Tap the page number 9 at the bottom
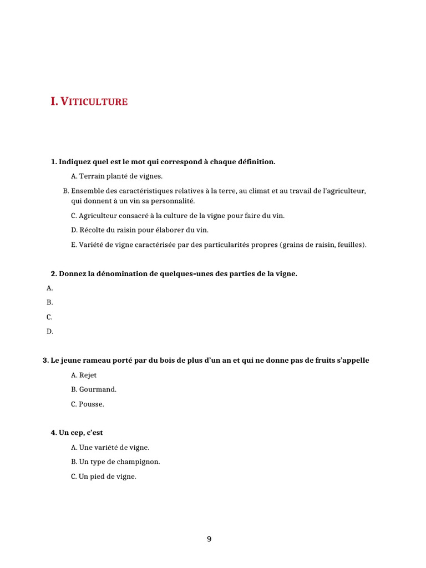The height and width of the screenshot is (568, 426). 209,539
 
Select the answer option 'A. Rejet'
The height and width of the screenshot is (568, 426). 84,376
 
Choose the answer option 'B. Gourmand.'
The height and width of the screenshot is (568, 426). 94,389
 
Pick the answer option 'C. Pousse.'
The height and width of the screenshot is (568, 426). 88,404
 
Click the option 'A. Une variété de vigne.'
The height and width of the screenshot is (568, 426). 110,447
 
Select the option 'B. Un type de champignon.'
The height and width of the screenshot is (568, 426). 115,461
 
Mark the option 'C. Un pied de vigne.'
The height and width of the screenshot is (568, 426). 103,476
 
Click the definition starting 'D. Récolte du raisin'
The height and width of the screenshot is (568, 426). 140,230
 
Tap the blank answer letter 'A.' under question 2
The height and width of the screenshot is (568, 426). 50,288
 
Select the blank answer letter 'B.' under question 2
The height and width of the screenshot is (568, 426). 50,302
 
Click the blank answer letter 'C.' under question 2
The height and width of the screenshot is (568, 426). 50,317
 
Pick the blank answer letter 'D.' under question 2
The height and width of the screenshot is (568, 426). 50,331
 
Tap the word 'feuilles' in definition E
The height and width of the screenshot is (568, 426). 351,244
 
